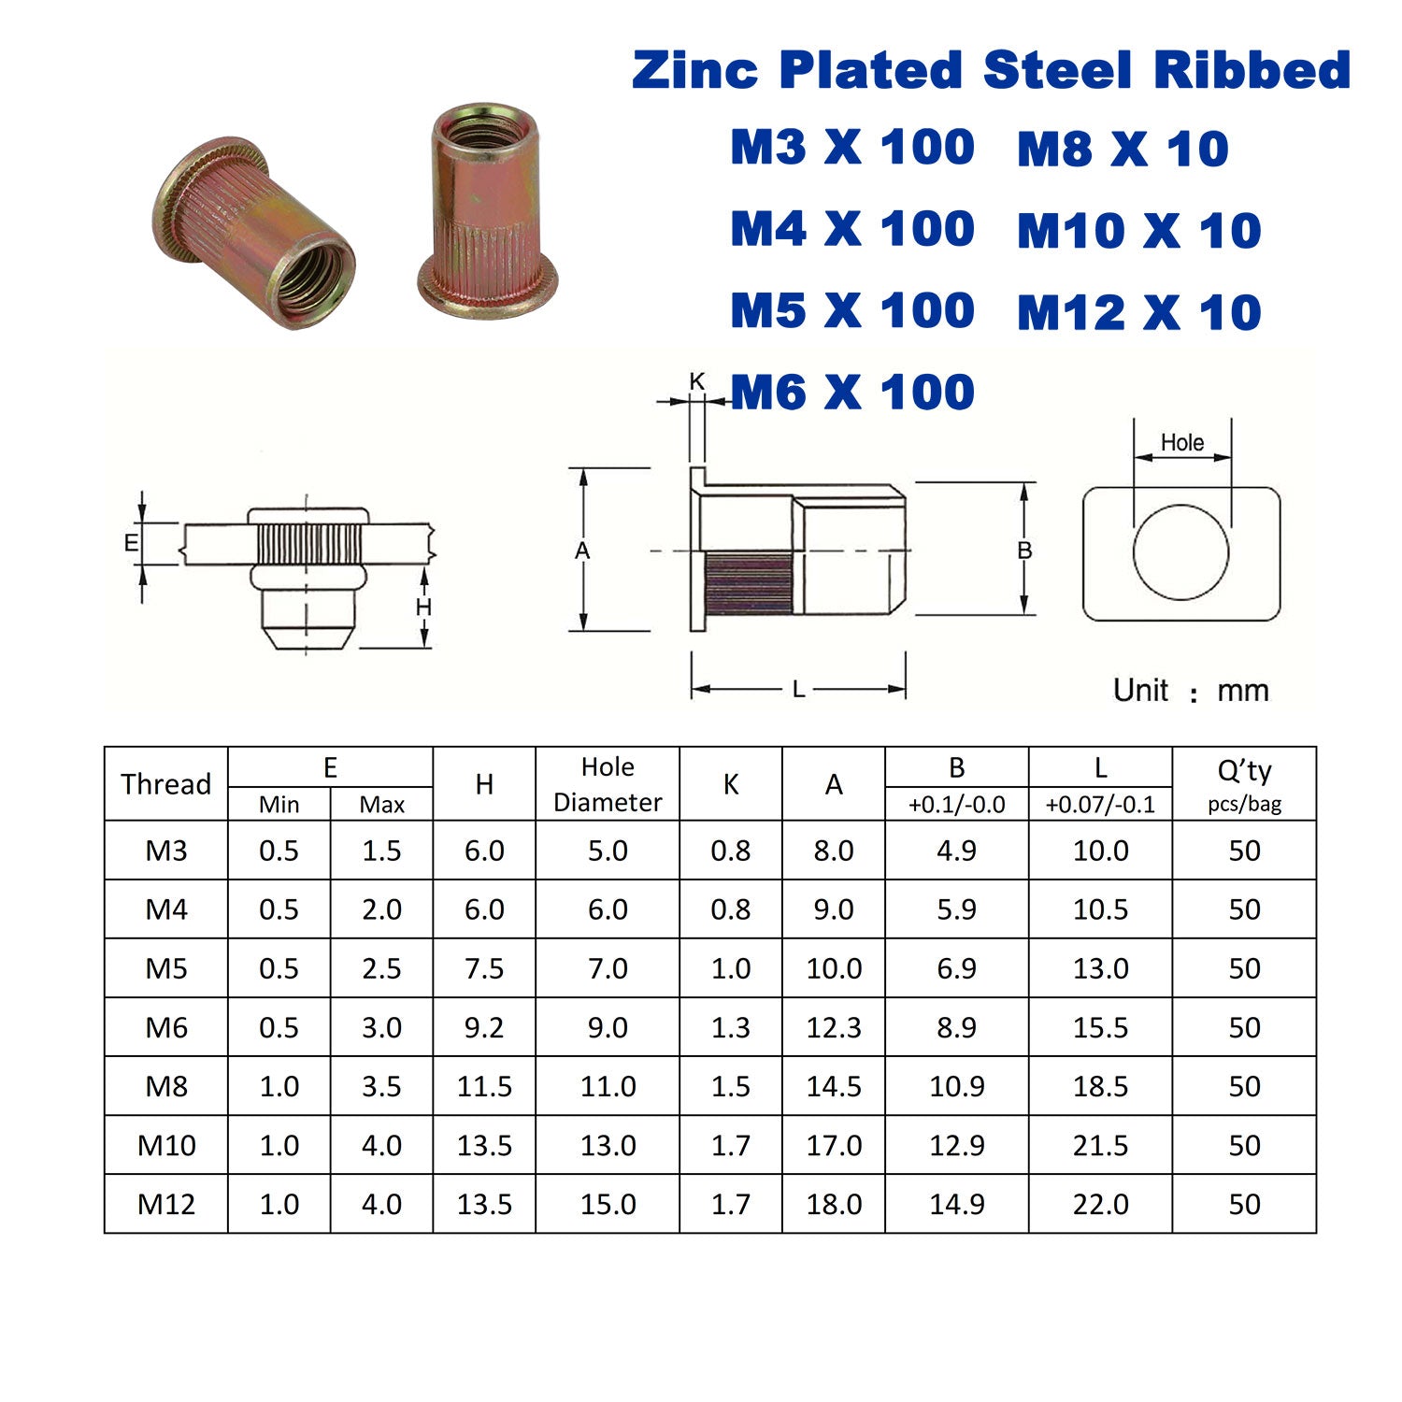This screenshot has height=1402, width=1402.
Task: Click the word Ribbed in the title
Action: coord(1252,70)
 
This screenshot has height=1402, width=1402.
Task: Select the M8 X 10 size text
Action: coord(1123,149)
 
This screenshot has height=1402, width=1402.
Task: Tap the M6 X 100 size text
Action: coord(852,392)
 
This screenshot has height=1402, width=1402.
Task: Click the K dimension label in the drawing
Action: coord(697,381)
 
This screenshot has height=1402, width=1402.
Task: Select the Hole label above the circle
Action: coord(1182,442)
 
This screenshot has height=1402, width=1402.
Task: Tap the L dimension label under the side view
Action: coord(798,690)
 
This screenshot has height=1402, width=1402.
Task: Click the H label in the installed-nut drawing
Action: coord(423,608)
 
